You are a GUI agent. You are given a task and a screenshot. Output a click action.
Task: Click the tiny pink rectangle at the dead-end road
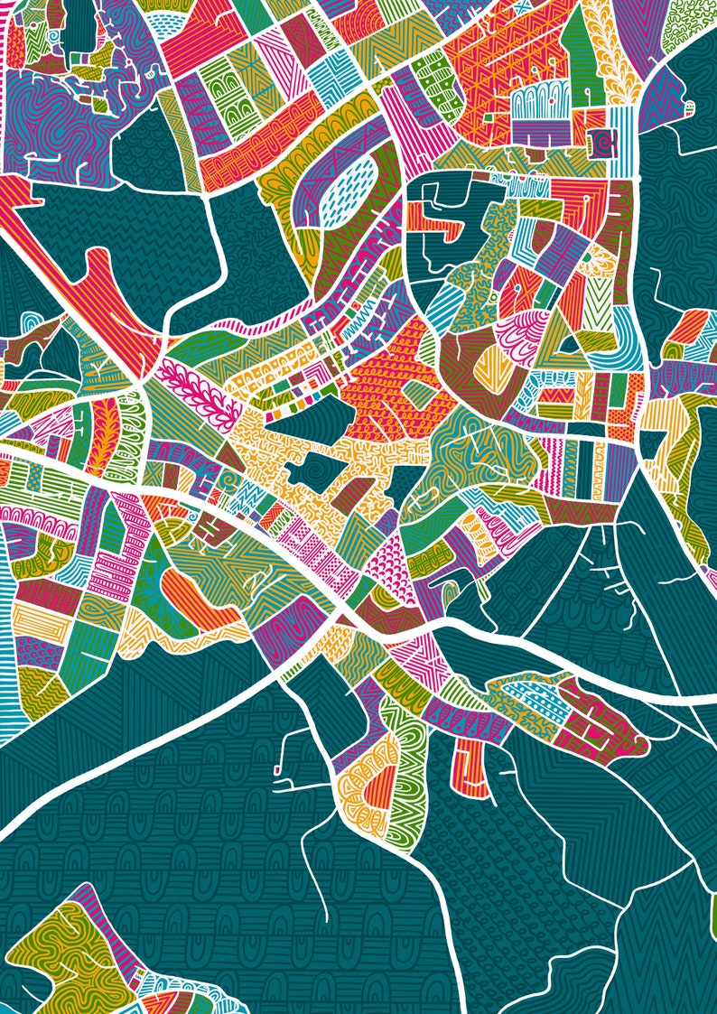coord(276,770)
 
